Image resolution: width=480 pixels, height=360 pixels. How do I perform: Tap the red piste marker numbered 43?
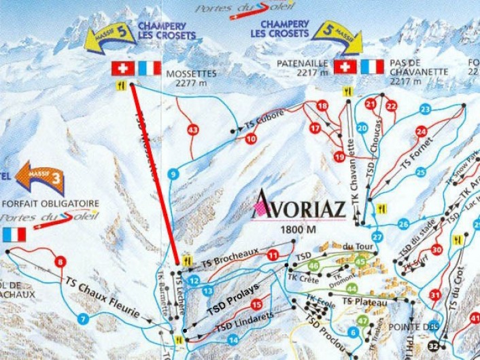193,130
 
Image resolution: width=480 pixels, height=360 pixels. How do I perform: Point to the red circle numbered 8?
61,262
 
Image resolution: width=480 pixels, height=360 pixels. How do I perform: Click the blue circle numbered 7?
84,319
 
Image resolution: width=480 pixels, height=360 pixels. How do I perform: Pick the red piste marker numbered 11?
273,255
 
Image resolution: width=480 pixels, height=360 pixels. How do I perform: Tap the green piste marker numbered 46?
313,266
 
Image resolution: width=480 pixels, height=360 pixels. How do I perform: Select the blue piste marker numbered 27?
378,237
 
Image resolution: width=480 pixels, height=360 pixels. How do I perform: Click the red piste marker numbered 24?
422,131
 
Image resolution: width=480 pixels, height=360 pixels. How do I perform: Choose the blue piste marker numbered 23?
426,109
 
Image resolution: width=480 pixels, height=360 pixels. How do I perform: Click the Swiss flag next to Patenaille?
345,67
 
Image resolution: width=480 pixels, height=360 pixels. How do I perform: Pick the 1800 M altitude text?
298,230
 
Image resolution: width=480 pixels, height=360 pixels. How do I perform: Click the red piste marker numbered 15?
256,305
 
